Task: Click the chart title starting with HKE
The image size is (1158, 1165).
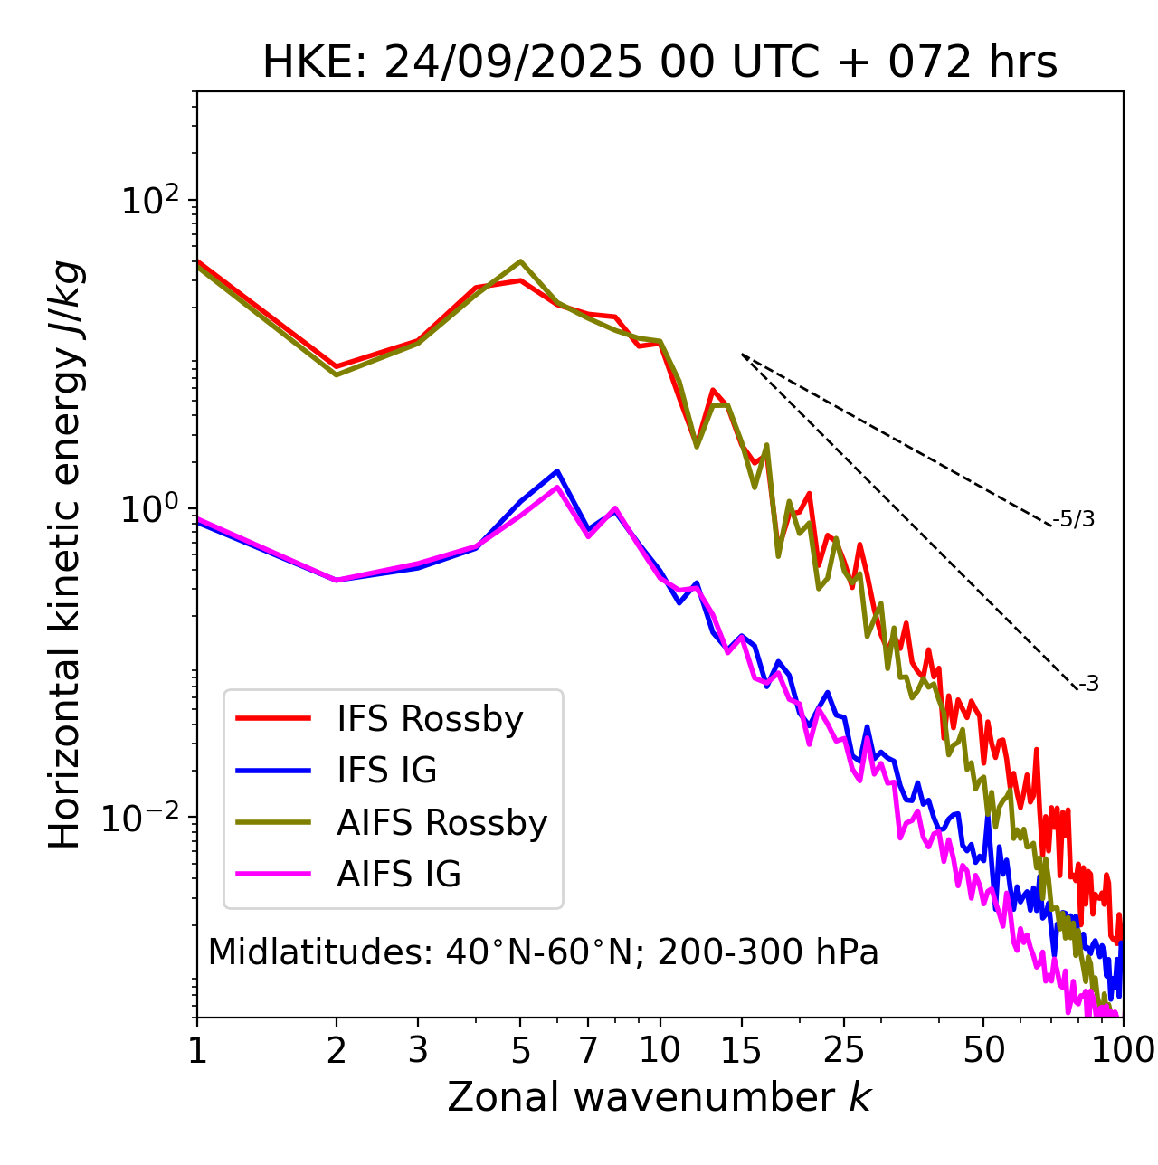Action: pos(660,63)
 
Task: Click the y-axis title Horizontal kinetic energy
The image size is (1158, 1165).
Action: pos(66,554)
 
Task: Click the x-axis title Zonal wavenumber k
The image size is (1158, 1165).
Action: pos(659,1097)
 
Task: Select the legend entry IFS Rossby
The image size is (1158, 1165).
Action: pos(430,719)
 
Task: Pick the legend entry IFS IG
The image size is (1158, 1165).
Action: pos(386,771)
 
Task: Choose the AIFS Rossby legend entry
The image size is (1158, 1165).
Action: pos(441,823)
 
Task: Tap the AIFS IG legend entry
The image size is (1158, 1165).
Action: pos(399,875)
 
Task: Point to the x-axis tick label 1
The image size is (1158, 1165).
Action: pos(196,1049)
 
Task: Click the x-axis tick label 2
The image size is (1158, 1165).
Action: pos(337,1049)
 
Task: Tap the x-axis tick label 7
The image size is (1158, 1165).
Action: pos(588,1049)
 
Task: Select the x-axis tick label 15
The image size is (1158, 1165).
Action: pos(741,1049)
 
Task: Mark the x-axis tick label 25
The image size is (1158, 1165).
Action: pos(844,1049)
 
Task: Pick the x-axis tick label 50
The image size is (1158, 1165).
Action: pos(983,1049)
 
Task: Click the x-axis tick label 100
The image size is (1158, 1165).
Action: pos(1123,1049)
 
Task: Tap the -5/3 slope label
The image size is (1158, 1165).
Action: pos(1074,519)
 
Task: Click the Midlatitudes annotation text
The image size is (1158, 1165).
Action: pos(543,952)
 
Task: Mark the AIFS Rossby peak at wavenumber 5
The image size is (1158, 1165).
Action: pos(520,261)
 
